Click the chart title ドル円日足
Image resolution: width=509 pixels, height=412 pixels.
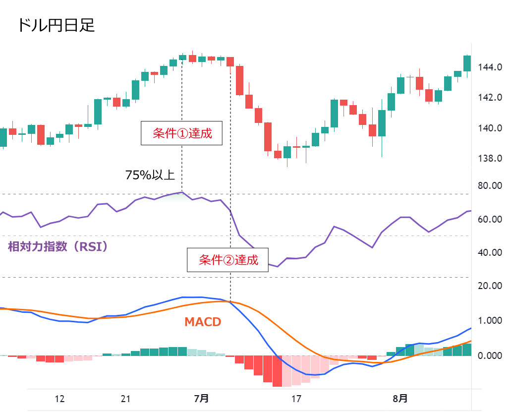point(56,25)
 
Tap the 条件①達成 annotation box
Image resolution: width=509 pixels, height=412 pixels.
point(182,133)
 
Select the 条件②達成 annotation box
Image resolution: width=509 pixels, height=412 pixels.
point(228,260)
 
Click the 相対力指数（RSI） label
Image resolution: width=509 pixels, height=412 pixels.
point(58,246)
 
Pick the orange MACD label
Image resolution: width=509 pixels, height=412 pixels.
point(202,322)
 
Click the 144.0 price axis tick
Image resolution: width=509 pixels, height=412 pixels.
point(490,66)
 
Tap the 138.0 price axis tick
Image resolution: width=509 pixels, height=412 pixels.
point(490,159)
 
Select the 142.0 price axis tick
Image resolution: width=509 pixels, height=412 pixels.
point(490,97)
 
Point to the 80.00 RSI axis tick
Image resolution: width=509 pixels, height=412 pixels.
point(490,186)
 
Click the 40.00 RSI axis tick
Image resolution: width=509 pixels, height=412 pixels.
point(490,252)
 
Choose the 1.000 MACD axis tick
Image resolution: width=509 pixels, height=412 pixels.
point(490,321)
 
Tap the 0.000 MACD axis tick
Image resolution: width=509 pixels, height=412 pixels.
point(490,356)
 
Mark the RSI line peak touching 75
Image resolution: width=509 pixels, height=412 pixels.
point(182,192)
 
